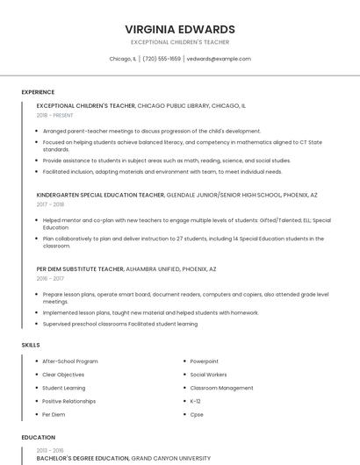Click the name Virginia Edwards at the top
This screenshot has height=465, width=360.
[179, 29]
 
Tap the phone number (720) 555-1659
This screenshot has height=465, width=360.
[162, 59]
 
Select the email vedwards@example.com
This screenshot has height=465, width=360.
[219, 59]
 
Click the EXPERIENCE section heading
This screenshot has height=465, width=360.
[38, 92]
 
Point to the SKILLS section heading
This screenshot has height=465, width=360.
[31, 345]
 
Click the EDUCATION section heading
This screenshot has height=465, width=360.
[38, 437]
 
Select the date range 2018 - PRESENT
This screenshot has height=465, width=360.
[56, 115]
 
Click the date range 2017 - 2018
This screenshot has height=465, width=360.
[51, 204]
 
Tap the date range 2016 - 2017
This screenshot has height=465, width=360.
[51, 278]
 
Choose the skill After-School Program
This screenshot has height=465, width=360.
[70, 361]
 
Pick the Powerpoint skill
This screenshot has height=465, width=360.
[205, 361]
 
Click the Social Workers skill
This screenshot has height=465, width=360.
[209, 375]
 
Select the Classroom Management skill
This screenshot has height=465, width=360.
[221, 388]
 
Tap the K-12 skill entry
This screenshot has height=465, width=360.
[196, 401]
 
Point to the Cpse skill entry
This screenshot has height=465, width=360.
[197, 414]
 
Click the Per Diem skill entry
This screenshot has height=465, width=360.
[54, 414]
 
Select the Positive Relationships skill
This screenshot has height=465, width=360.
[69, 401]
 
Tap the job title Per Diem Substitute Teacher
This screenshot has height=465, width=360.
[80, 268]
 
